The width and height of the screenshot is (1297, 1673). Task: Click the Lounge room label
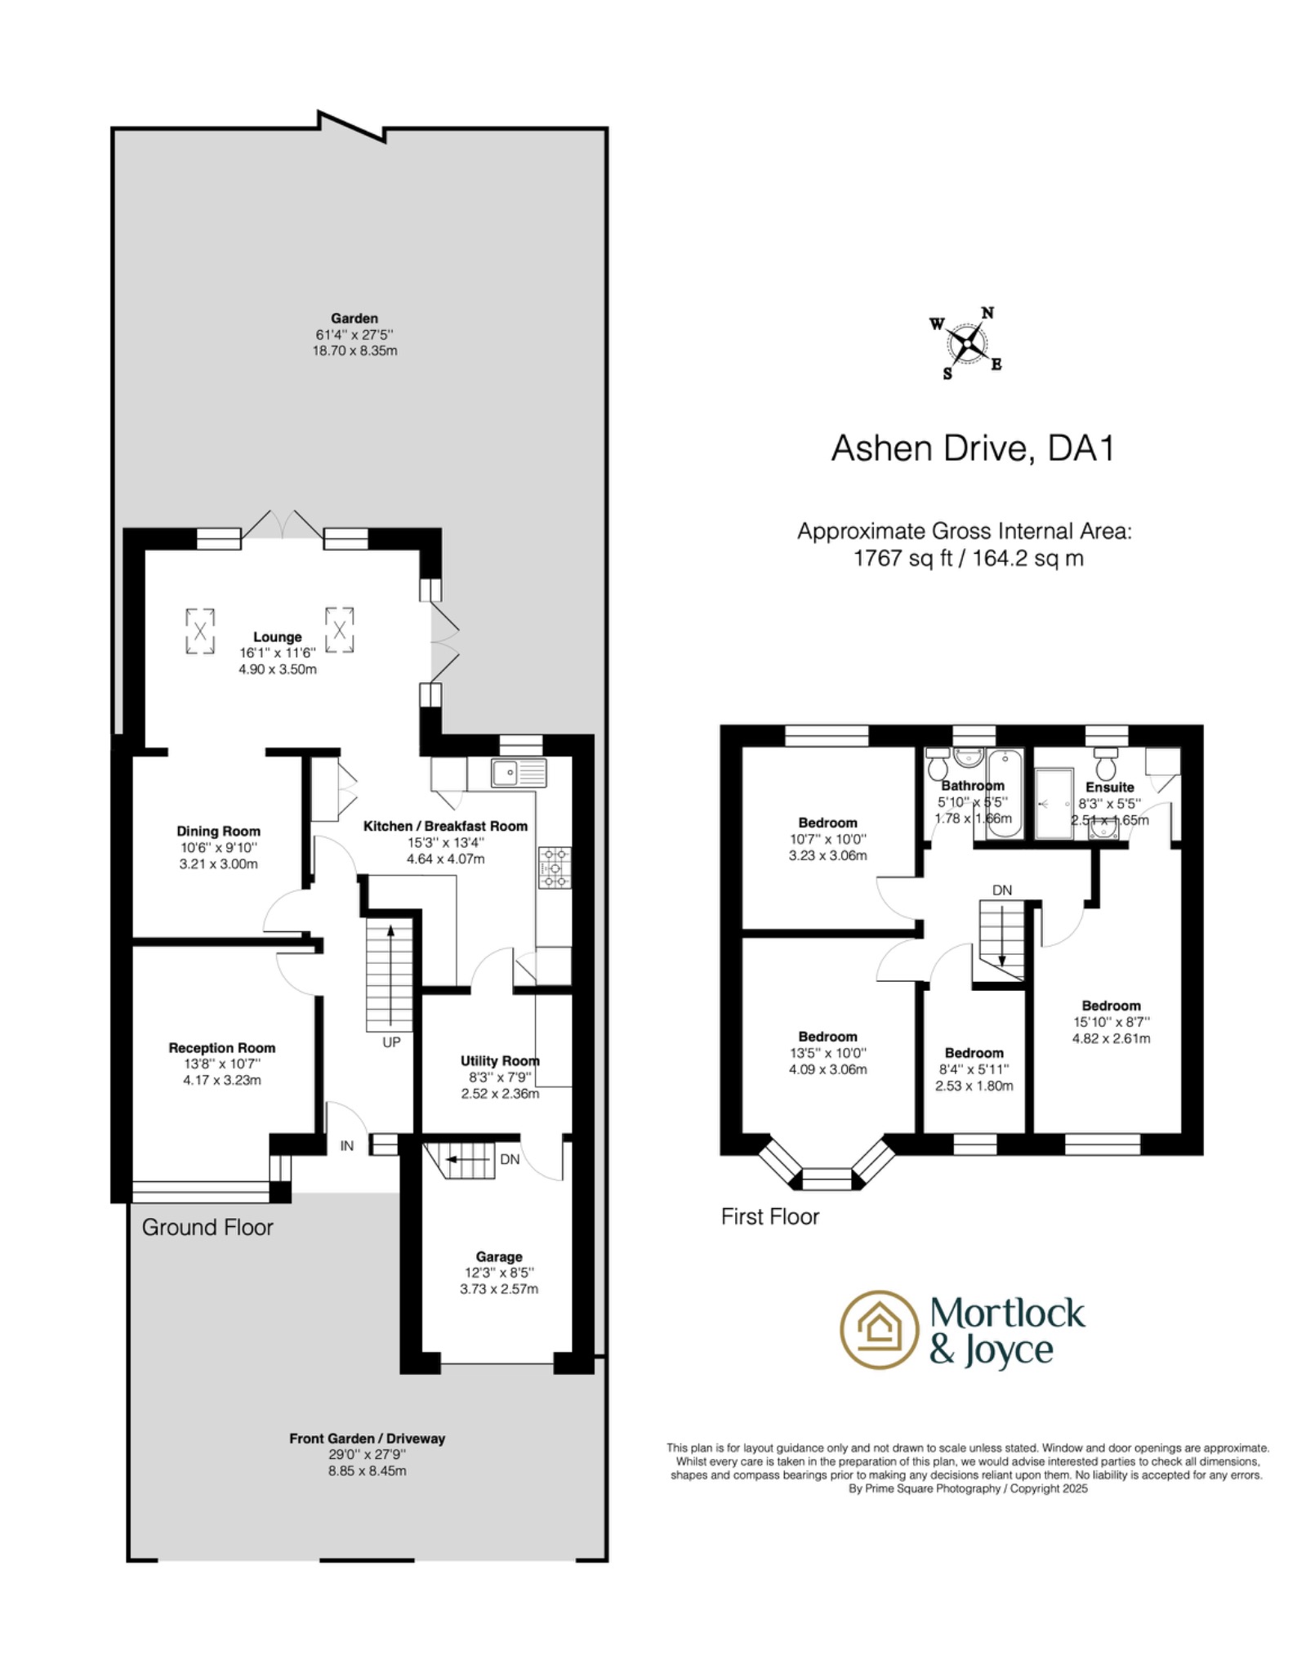(x=277, y=637)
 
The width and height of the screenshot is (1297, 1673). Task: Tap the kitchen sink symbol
(x=518, y=773)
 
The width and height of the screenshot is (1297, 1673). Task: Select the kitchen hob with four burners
(x=555, y=868)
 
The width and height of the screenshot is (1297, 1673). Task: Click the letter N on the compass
(x=987, y=313)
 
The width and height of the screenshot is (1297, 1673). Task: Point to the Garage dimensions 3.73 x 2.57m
(x=498, y=1289)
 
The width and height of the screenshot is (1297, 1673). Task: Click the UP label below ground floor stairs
(x=391, y=1042)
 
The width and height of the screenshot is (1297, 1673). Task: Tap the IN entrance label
(x=347, y=1146)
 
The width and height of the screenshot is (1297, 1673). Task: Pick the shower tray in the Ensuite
(x=1053, y=804)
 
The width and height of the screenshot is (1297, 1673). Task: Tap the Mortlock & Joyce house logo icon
(x=879, y=1330)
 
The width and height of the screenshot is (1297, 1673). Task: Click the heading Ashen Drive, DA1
(x=972, y=448)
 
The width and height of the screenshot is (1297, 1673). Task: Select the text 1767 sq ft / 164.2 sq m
(x=968, y=559)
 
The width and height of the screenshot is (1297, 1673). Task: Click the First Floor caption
(x=769, y=1216)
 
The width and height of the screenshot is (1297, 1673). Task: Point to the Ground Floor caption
(x=207, y=1227)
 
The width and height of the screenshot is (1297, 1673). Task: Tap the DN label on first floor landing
(x=1001, y=890)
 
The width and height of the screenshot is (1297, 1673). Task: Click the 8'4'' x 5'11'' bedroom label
(x=974, y=1069)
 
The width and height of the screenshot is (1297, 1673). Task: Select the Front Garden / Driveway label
(x=367, y=1439)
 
